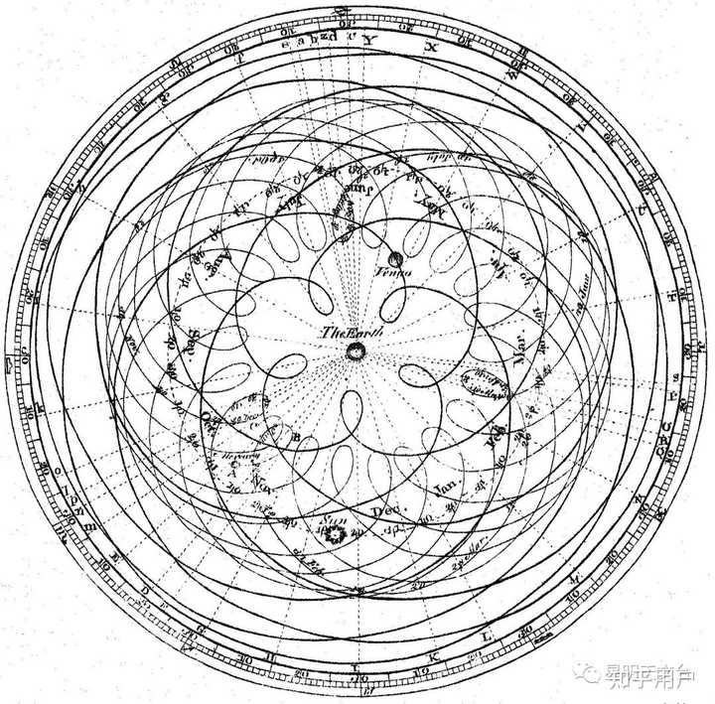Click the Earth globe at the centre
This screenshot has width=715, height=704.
(x=355, y=352)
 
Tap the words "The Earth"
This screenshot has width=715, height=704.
(x=344, y=333)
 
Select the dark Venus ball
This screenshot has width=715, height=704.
(x=395, y=259)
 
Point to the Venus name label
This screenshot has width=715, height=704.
(x=395, y=274)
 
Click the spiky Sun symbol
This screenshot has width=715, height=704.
(x=332, y=534)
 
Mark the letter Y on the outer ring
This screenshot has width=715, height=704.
(x=365, y=41)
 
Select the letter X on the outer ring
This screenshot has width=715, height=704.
(x=430, y=47)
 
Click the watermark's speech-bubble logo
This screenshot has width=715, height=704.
(x=592, y=675)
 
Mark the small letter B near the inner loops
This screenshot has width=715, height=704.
(x=297, y=437)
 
